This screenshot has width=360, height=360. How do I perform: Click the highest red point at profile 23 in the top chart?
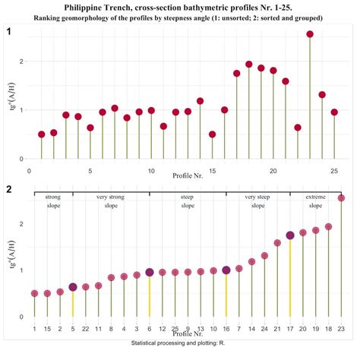coord(310,34)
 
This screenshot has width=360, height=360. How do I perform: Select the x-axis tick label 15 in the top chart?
coord(212,171)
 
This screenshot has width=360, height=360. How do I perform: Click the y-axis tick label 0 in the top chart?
coord(21,159)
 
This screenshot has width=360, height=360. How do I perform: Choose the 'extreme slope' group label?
coord(315,201)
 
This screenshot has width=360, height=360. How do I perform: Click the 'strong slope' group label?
coord(53,201)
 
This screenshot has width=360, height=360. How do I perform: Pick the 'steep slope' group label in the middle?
coord(188,201)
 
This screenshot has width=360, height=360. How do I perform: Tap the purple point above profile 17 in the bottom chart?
coord(290,236)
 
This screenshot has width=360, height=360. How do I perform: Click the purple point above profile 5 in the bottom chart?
coord(73,287)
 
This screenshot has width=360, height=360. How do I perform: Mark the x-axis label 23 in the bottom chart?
coord(341,328)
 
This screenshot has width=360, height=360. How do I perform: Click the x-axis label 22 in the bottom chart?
coord(86,328)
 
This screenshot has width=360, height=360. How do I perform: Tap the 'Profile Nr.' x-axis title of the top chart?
coord(180,178)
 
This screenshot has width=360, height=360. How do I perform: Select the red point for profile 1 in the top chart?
coord(42,134)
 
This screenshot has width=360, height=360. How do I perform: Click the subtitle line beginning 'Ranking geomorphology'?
coord(180,17)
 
